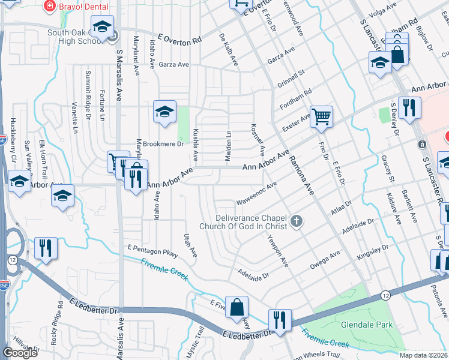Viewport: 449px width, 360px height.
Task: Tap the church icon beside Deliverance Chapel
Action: pos(295,223)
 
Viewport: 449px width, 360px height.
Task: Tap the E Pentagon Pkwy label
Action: pos(153,251)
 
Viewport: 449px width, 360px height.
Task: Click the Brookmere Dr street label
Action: pos(146,145)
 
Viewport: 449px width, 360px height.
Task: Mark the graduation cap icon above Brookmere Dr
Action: pos(164,111)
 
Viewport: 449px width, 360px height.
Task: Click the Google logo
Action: pos(20,353)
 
